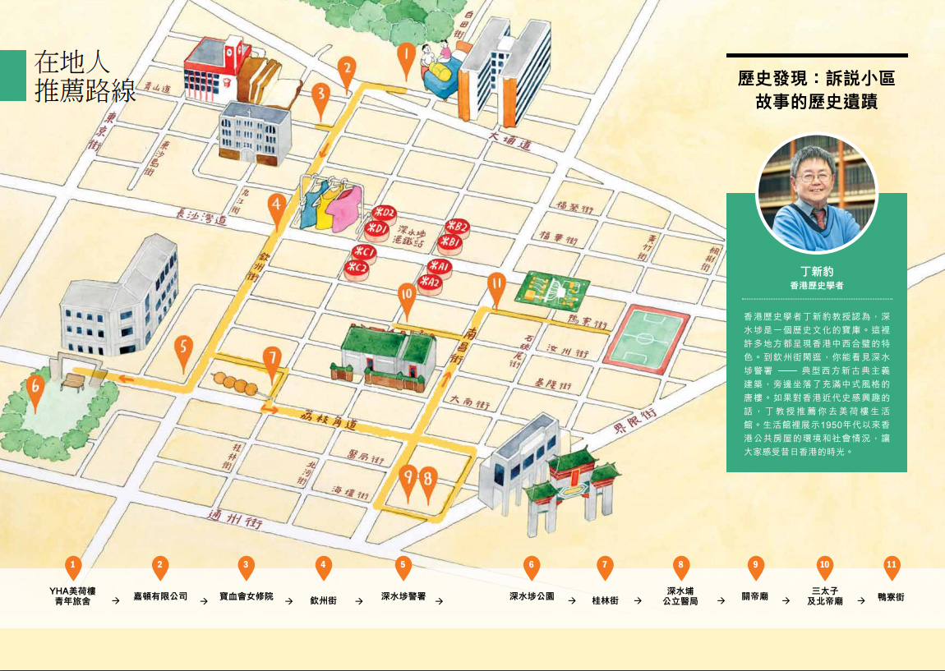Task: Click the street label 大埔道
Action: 509,140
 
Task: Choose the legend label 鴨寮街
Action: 891,598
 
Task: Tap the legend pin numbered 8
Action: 680,565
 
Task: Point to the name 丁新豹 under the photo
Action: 816,271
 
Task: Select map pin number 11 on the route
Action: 496,286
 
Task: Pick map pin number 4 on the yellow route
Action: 277,207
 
